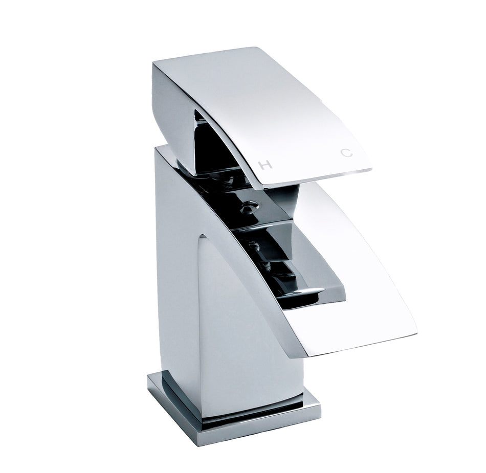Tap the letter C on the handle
tap(347, 152)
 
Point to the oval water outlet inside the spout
tap(306, 291)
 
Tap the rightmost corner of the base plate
tap(321, 409)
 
